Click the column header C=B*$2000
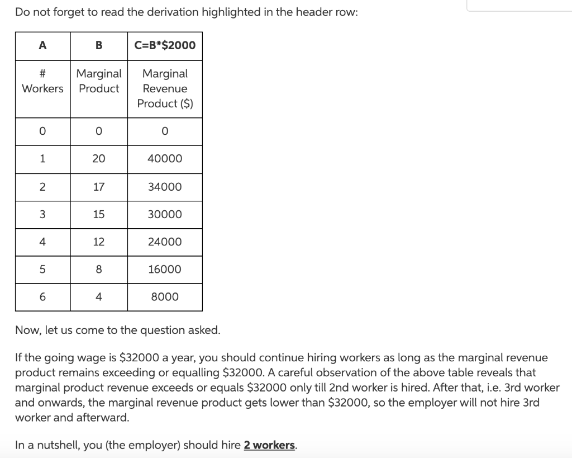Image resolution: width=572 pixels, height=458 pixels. [165, 45]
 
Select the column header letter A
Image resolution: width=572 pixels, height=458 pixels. [42, 45]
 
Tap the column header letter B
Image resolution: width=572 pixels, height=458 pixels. [99, 45]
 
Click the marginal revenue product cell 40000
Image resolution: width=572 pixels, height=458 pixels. [165, 159]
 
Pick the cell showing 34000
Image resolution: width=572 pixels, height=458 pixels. [165, 187]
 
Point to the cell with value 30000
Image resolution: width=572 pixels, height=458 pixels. [165, 214]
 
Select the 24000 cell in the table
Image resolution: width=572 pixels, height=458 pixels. [165, 242]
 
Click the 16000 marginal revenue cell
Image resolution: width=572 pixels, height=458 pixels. [165, 269]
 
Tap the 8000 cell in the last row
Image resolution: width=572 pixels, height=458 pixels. [165, 297]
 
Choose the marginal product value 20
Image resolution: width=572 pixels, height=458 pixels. [99, 159]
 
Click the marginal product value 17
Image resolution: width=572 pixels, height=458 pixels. [99, 187]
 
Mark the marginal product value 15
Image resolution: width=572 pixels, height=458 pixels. [99, 214]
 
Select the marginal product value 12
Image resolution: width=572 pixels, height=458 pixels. [99, 242]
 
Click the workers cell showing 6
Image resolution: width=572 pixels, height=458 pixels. [42, 297]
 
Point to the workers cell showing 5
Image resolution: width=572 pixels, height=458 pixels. [42, 269]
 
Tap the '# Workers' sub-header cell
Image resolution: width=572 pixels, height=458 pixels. [42, 81]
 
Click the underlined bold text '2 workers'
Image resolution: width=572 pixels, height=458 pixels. [269, 445]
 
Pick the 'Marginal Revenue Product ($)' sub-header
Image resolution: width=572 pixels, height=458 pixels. [165, 88]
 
